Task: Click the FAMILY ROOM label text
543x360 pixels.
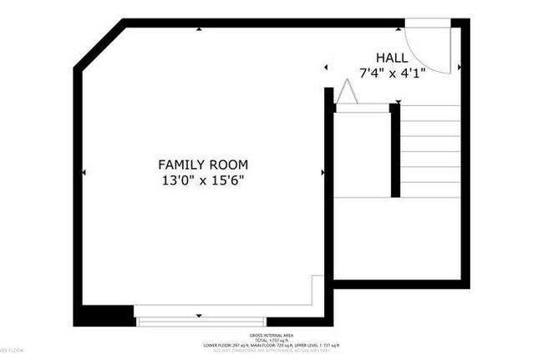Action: pyautogui.click(x=205, y=165)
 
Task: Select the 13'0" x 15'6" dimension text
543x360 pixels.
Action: pyautogui.click(x=205, y=180)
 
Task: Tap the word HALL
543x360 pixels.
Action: pyautogui.click(x=392, y=58)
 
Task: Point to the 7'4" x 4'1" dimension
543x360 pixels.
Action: pyautogui.click(x=392, y=73)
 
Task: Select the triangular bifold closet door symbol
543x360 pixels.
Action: pyautogui.click(x=346, y=93)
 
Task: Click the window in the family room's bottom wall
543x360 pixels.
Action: pyautogui.click(x=200, y=321)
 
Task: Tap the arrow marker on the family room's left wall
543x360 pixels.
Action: pyautogui.click(x=84, y=172)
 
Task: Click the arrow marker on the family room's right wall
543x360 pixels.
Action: pyautogui.click(x=322, y=172)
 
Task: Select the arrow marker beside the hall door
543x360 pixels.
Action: pyautogui.click(x=460, y=66)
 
